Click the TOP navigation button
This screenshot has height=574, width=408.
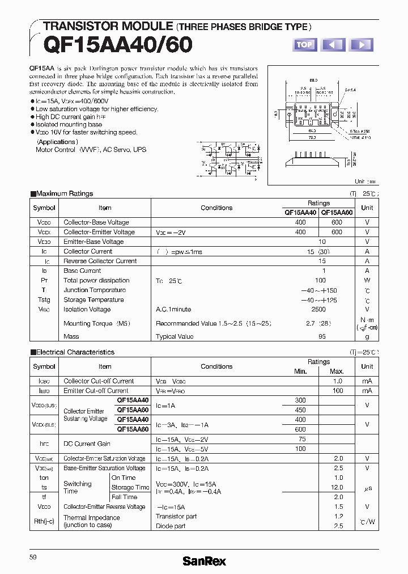pos(304,45)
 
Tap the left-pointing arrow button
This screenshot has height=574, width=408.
pos(333,45)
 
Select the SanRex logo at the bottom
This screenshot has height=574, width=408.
pos(204,561)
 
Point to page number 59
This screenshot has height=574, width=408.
pos(33,558)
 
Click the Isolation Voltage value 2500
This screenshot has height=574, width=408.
pos(318,309)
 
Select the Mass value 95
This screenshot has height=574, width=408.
pos(322,336)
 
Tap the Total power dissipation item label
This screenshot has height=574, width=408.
pos(96,280)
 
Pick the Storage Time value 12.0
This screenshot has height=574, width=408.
pos(337,487)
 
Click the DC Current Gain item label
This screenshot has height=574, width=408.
pos(87,444)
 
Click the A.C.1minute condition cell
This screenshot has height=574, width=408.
pos(173,309)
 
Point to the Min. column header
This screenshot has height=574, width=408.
pos(300,371)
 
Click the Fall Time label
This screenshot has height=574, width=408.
pos(124,497)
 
